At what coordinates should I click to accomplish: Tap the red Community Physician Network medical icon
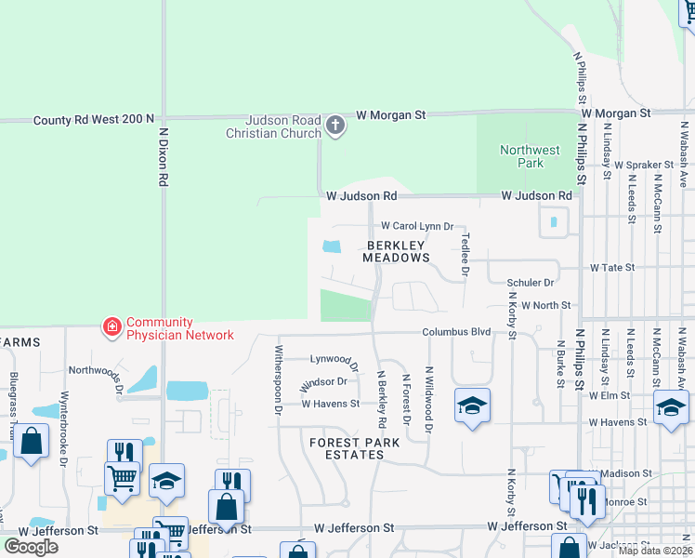click(x=112, y=327)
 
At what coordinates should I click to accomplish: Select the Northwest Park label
click(x=530, y=156)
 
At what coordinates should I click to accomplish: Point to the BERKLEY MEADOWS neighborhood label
click(x=396, y=250)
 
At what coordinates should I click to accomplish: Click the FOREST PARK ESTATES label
click(x=347, y=448)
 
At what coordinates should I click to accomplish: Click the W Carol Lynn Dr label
click(x=416, y=226)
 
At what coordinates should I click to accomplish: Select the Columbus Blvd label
click(x=455, y=332)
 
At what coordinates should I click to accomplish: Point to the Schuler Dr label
click(x=530, y=283)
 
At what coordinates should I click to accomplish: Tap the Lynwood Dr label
click(x=334, y=359)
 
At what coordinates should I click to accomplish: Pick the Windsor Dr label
click(x=323, y=382)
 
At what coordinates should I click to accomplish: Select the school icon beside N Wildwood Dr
click(x=473, y=405)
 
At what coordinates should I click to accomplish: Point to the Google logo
click(x=32, y=547)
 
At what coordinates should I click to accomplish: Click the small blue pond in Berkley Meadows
click(x=330, y=247)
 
